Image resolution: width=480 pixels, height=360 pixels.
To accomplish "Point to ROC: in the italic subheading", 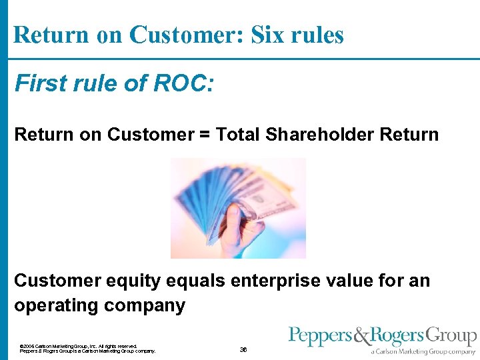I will (x=182, y=84).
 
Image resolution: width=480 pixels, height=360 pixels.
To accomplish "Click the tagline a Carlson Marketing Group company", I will (x=423, y=351).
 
